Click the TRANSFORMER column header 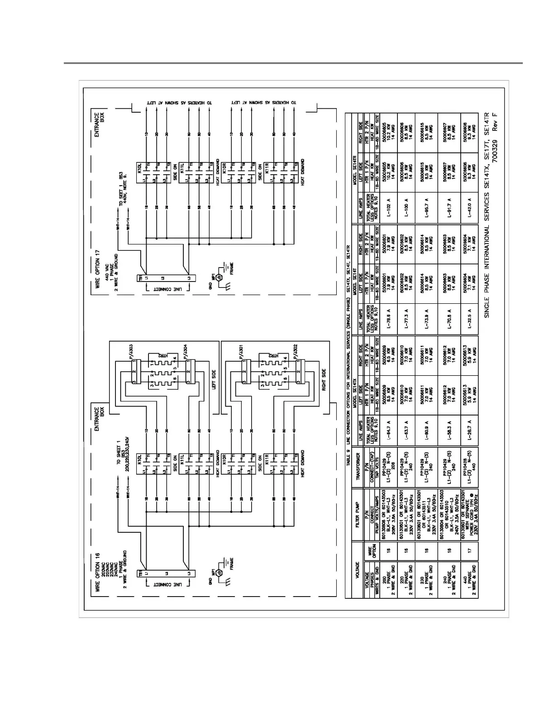point(358,464)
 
